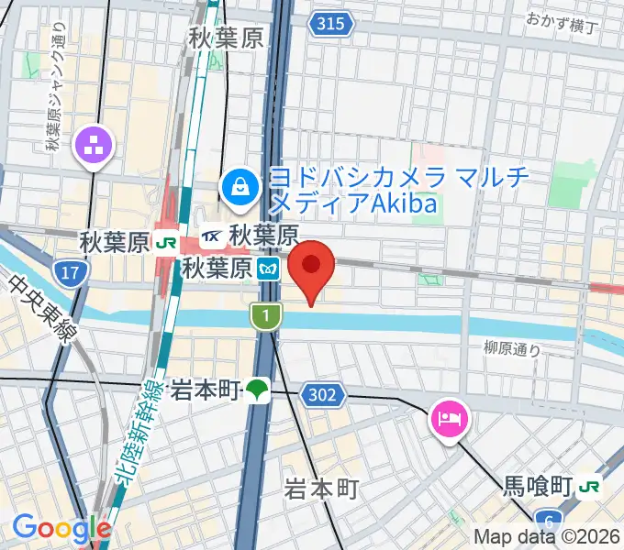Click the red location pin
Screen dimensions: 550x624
pyautogui.click(x=311, y=266)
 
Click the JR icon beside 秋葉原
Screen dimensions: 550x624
pyautogui.click(x=166, y=244)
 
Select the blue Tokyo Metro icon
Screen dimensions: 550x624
pyautogui.click(x=269, y=269)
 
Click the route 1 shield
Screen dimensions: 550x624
pyautogui.click(x=264, y=316)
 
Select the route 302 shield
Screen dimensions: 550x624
pyautogui.click(x=326, y=395)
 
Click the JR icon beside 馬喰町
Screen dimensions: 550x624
pyautogui.click(x=592, y=485)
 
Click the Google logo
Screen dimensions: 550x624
pyautogui.click(x=61, y=528)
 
